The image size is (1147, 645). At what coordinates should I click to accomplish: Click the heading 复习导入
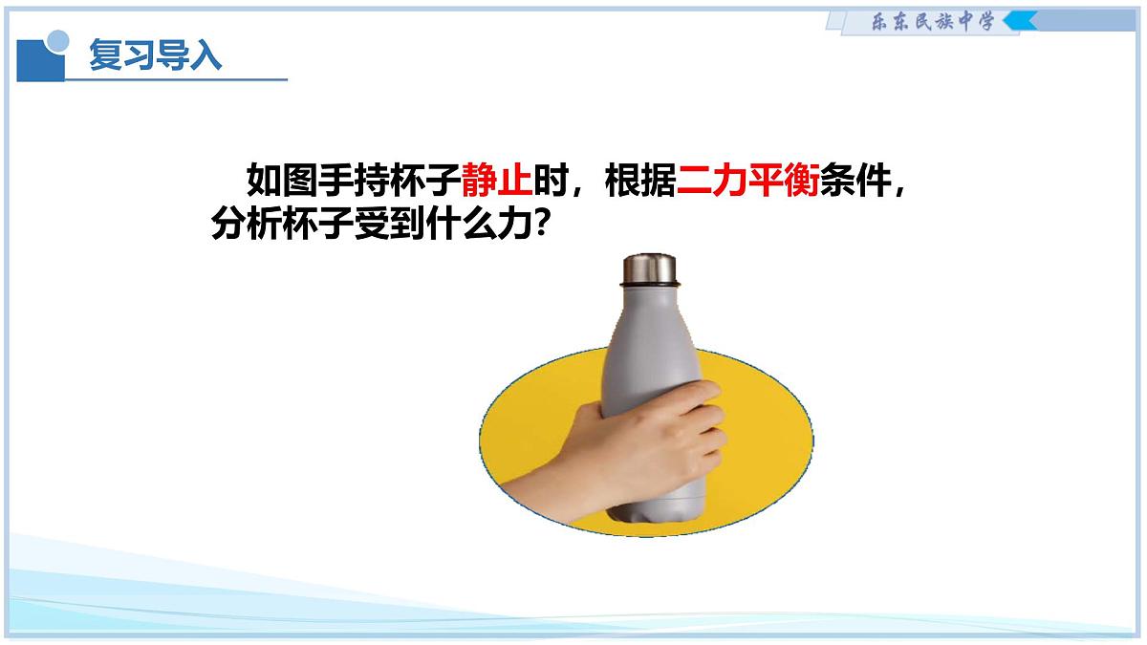click(x=155, y=55)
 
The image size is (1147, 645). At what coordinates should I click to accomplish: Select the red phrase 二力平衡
click(x=747, y=181)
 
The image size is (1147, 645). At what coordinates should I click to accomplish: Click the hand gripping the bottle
click(x=660, y=440)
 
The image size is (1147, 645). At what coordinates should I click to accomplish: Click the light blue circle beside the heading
click(x=59, y=40)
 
